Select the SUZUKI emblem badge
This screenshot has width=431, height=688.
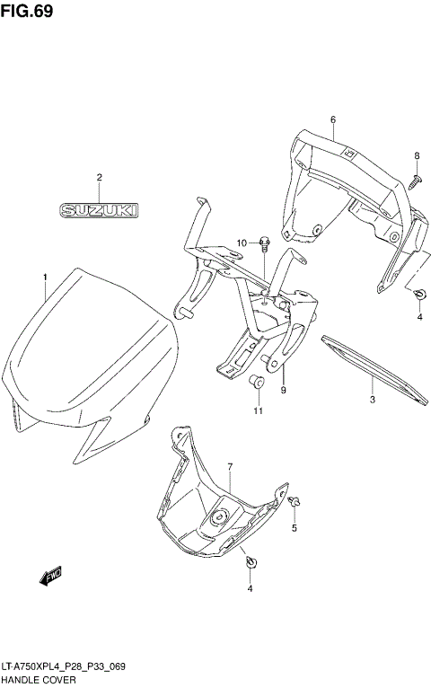100,210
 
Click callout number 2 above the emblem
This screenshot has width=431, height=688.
100,178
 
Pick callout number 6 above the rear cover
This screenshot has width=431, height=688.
332,119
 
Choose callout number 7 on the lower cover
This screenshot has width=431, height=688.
230,467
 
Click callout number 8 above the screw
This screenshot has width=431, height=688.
417,156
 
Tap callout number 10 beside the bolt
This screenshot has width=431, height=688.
242,243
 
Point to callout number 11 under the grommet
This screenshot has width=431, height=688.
258,411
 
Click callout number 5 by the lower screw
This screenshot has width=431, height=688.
294,528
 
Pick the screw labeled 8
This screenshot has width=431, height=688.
416,181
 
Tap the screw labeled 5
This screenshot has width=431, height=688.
295,500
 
